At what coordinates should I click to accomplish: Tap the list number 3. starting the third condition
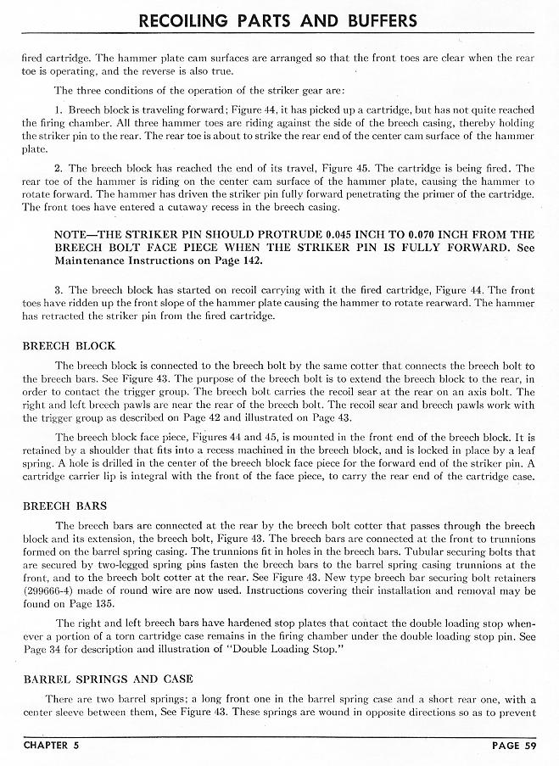click(x=59, y=291)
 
